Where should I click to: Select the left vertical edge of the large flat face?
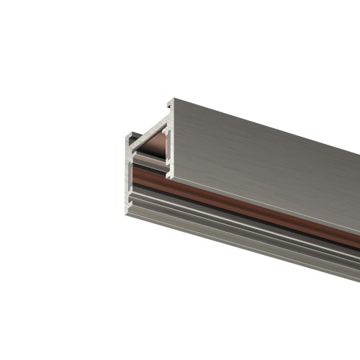pyautogui.click(x=169, y=140)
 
